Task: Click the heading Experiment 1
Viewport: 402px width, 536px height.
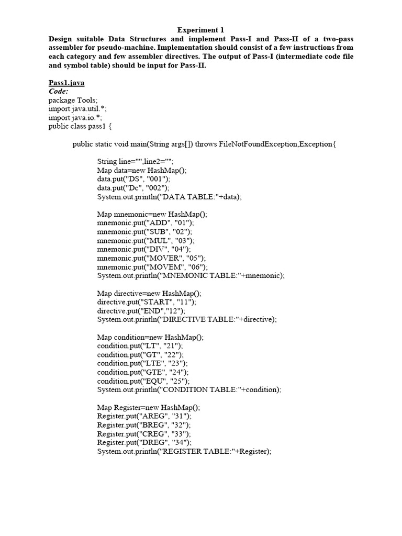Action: (200, 30)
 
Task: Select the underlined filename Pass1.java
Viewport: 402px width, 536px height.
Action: (66, 83)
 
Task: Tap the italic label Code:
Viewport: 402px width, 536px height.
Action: (59, 91)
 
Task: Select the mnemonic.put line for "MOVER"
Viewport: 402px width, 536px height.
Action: (152, 258)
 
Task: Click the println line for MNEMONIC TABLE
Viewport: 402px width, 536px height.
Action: (191, 275)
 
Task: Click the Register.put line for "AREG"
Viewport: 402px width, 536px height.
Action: (144, 416)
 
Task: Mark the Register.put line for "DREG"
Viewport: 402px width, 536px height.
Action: (144, 442)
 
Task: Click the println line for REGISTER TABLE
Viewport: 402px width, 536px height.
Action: (184, 451)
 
